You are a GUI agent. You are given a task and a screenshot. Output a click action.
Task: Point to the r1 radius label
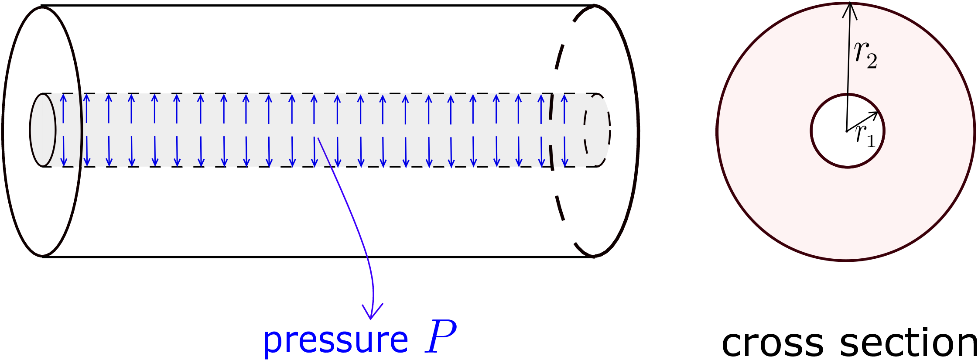tap(865, 136)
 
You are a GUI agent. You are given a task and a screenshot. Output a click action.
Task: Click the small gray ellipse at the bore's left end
tap(43, 130)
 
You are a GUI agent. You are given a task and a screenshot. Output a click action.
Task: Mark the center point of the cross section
tap(847, 131)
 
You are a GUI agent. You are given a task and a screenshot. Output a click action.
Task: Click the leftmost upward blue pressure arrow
tap(63, 108)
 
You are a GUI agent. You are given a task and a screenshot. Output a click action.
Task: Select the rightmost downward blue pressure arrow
tap(565, 151)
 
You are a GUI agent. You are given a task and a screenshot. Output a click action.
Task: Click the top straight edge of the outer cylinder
tap(318, 6)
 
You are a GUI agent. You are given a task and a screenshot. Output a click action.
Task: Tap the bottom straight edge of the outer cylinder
tap(318, 257)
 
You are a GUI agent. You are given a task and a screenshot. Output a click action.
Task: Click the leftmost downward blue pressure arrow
tap(64, 151)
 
